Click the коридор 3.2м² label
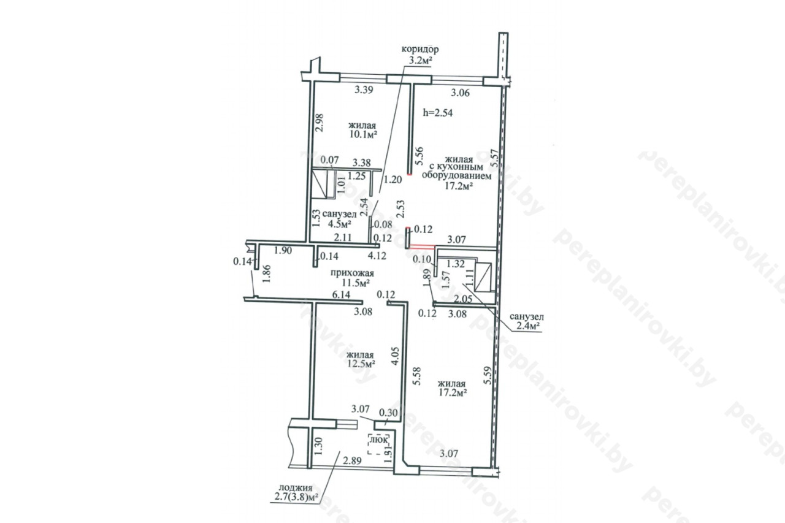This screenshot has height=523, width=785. tap(420, 55)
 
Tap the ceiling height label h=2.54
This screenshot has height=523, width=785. tap(438, 113)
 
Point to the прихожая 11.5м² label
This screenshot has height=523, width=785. tap(352, 278)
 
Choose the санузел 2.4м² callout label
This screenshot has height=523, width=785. tap(526, 322)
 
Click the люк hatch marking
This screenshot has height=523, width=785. tap(379, 439)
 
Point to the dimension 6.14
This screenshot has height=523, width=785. tap(341, 295)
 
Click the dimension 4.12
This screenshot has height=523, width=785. tap(377, 256)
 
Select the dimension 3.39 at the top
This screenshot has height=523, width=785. tap(364, 90)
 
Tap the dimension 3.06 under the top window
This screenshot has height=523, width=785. tap(460, 93)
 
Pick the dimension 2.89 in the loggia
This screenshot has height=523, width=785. tap(352, 460)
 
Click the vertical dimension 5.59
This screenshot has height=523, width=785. tap(488, 375)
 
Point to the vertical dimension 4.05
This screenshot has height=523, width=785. tap(395, 357)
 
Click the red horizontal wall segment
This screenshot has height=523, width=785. tap(423, 246)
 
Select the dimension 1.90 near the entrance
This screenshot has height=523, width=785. tap(283, 251)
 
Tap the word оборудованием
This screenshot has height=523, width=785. tap(457, 176)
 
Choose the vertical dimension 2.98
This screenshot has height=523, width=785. tap(320, 123)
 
